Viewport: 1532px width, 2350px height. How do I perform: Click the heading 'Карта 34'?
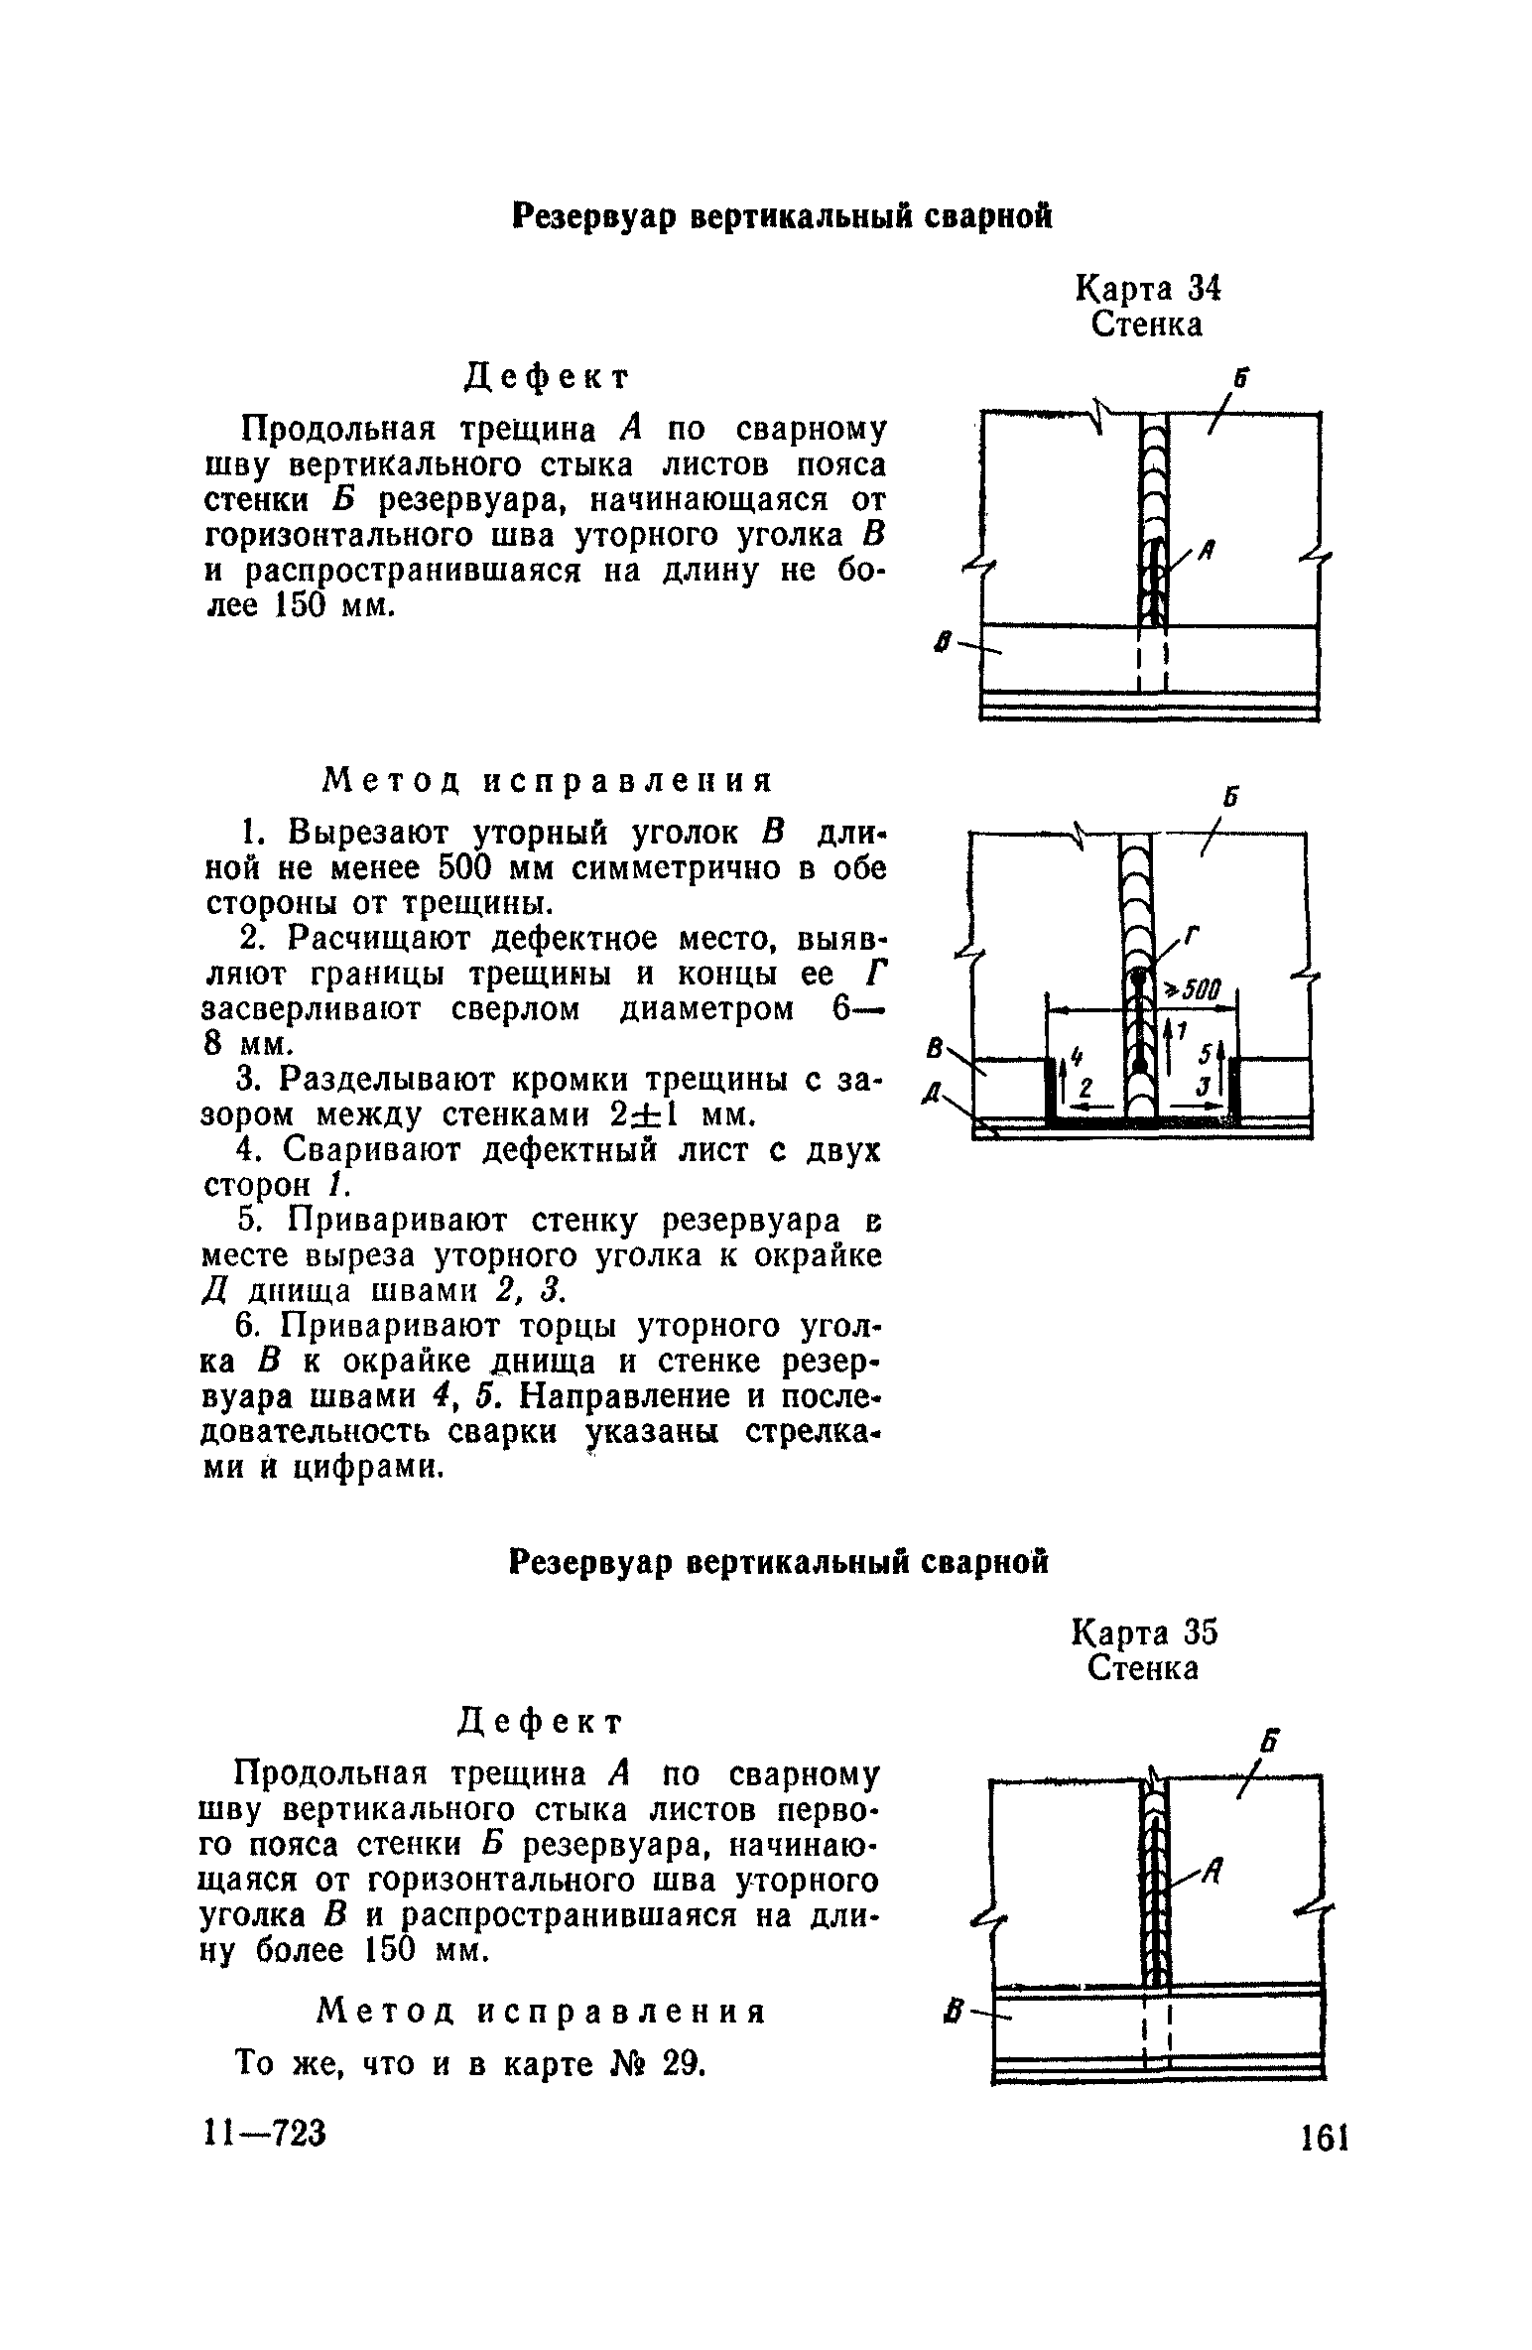pos(1147,289)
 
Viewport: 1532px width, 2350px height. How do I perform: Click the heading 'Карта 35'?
pos(1145,1632)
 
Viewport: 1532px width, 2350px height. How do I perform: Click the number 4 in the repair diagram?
pos(1078,1045)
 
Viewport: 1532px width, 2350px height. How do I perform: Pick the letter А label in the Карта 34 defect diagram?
pos(1210,549)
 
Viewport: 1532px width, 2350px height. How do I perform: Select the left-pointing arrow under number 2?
pos(1091,1103)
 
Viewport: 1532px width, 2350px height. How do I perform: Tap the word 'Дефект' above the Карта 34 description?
pos(548,376)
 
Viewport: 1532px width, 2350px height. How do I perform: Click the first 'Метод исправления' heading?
pos(548,781)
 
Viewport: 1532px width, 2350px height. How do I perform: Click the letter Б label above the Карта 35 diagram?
pos(1269,1744)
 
